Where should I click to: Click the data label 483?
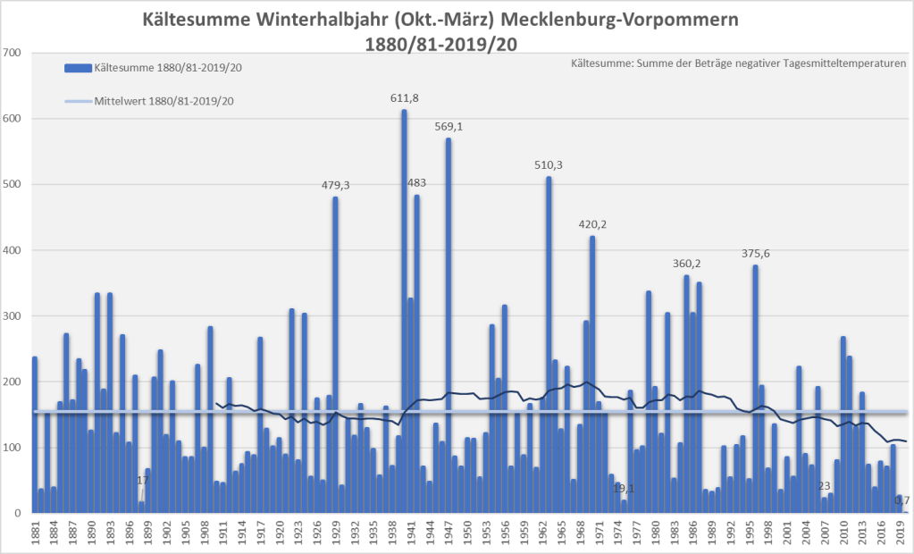tap(416, 182)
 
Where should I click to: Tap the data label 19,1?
tap(624, 489)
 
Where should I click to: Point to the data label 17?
tap(142, 481)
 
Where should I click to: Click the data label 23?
tap(824, 486)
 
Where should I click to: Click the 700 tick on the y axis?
tap(12, 53)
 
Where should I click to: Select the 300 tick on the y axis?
tap(12, 316)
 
